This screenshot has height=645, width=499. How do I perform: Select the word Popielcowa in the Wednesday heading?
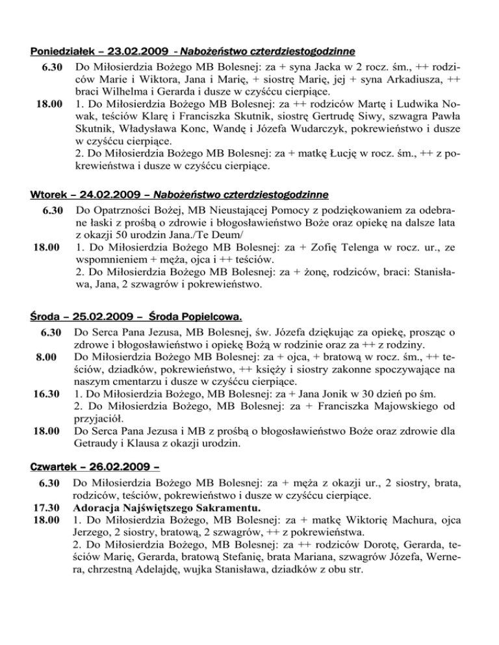coord(208,317)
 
